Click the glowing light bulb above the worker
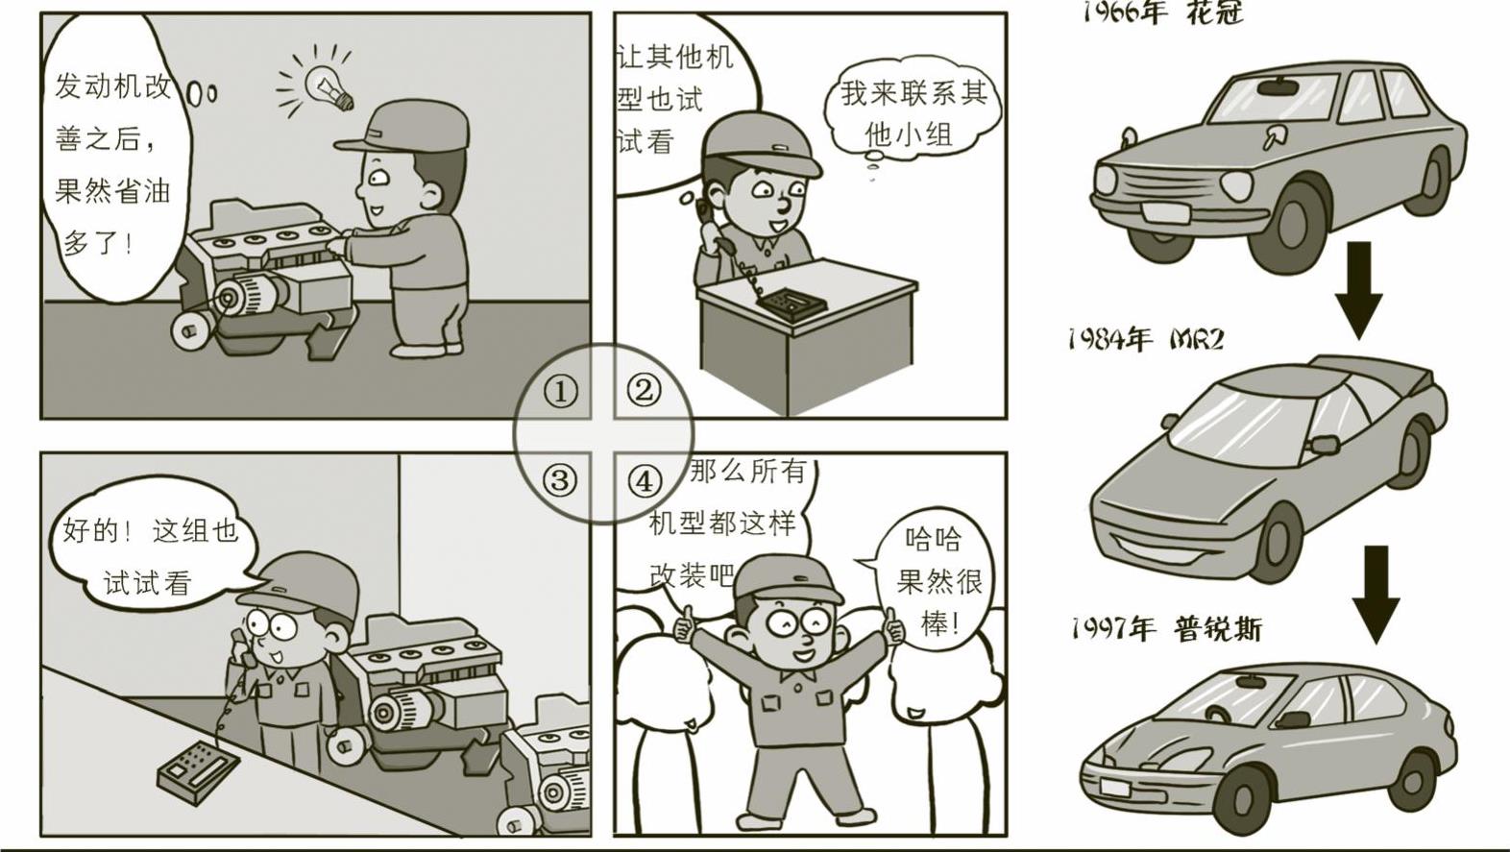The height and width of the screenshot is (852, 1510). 329,86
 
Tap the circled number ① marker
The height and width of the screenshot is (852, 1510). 559,391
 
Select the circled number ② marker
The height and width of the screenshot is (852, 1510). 644,390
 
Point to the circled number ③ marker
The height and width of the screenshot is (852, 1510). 559,480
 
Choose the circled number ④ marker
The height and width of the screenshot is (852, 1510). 645,480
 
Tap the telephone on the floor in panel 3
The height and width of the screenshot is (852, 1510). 199,770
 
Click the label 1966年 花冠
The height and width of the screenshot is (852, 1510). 1162,12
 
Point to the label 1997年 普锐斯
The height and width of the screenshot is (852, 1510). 1166,629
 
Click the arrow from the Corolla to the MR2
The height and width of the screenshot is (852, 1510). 1360,290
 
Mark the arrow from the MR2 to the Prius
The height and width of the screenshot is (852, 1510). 1376,595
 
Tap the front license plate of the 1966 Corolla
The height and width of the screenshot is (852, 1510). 1164,211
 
